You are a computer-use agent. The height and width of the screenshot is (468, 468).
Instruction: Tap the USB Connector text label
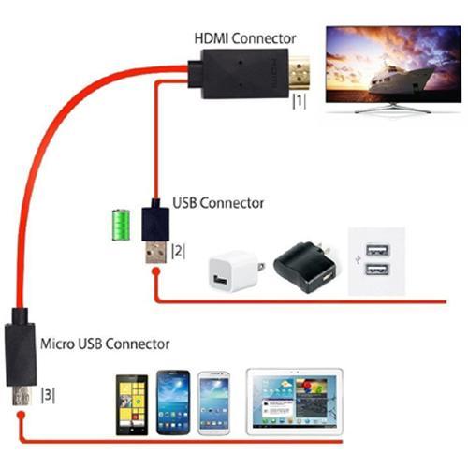pos(218,202)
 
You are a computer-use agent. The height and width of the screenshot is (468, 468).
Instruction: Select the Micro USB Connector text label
pos(105,344)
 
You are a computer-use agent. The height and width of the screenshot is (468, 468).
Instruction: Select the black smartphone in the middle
pos(174,402)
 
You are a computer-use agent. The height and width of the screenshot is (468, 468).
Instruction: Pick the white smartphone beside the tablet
pos(215,403)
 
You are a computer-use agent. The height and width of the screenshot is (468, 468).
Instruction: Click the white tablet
pos(293,402)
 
